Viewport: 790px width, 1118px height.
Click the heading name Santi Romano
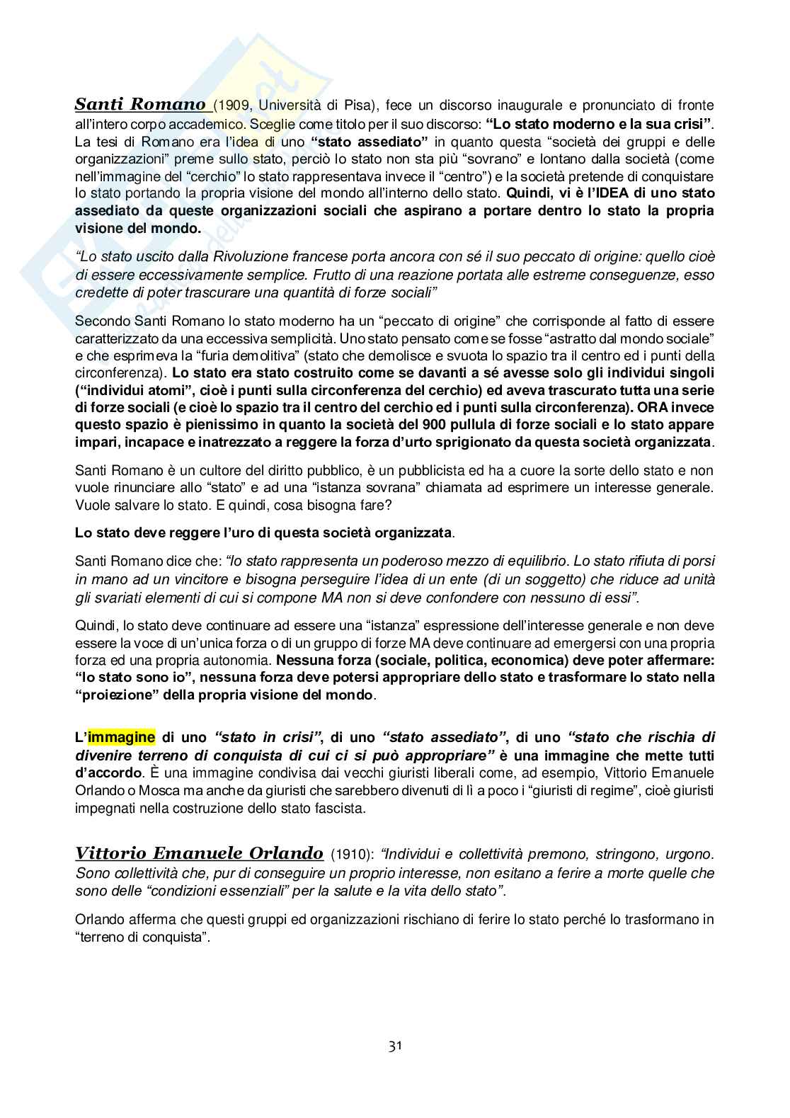click(x=140, y=105)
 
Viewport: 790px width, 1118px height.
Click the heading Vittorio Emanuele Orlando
click(x=200, y=852)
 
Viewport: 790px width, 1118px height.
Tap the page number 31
click(x=395, y=1046)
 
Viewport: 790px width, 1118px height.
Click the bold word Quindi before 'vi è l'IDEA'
click(x=526, y=193)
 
